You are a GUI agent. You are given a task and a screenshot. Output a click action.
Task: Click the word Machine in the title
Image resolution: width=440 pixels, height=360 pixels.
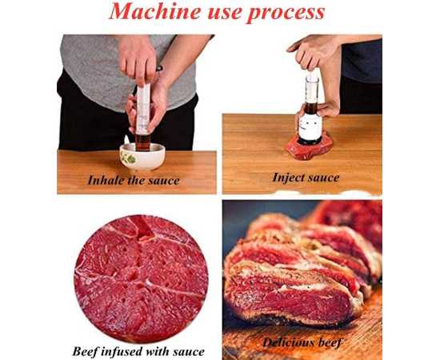point(155,11)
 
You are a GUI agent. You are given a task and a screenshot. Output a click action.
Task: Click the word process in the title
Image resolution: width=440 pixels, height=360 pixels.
point(286,13)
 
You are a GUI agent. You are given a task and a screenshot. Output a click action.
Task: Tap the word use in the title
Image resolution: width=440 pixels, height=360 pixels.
point(224,13)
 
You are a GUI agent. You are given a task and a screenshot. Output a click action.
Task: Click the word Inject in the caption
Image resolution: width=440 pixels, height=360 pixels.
point(289,178)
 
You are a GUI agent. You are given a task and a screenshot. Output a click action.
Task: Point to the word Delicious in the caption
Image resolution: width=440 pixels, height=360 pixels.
point(288,342)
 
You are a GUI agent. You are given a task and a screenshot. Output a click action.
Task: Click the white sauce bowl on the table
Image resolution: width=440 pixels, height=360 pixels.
point(142,157)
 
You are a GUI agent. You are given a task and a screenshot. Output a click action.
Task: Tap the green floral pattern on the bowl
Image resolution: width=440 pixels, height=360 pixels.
point(129,159)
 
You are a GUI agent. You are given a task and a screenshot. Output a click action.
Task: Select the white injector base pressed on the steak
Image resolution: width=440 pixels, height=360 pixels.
point(310,128)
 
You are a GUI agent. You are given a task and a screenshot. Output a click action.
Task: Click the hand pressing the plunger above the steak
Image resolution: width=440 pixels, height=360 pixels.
point(311,53)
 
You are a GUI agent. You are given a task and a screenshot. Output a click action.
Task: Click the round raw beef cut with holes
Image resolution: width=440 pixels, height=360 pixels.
point(141,278)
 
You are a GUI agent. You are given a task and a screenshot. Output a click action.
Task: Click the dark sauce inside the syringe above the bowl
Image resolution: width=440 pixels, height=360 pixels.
point(142,142)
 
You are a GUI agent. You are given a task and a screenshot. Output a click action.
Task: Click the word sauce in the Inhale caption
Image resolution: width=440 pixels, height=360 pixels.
point(163,181)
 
